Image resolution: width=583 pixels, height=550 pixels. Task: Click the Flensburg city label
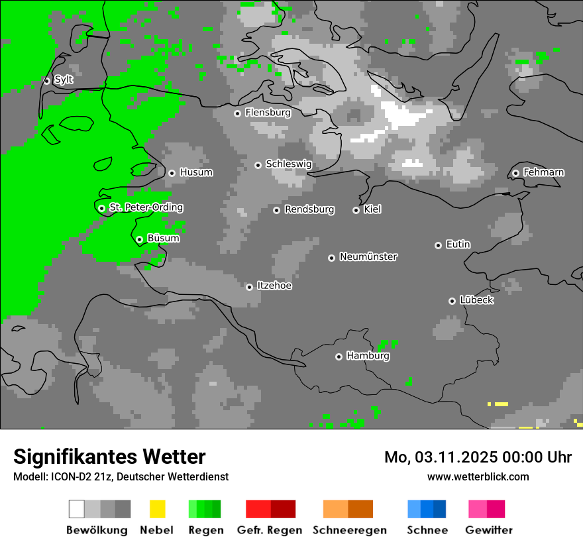point(268,113)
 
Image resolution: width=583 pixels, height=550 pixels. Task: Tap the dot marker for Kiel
point(356,210)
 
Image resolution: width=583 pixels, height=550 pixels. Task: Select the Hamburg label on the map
point(368,356)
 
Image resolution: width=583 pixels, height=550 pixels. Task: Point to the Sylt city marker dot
point(47,81)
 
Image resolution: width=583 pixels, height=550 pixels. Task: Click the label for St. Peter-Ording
point(146,207)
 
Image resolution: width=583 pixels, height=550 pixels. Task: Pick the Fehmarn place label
point(543,172)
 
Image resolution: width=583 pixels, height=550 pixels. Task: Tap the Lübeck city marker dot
point(452,301)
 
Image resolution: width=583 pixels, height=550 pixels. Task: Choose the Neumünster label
point(368,256)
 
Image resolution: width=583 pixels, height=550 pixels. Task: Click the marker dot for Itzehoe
point(249,287)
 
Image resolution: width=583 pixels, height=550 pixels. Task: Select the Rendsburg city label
point(309,209)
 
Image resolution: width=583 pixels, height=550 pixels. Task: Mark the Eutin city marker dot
point(438,245)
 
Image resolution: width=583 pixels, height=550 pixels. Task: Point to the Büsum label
point(163,238)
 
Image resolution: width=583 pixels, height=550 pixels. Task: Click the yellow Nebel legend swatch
point(157,509)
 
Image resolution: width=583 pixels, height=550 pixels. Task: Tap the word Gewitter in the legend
point(489,530)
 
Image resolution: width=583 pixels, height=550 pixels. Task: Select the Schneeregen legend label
point(350,530)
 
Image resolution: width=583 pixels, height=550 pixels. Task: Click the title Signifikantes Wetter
point(109,457)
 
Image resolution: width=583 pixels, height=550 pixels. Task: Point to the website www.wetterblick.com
point(478,476)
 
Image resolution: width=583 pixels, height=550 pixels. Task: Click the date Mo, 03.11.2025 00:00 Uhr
point(478,457)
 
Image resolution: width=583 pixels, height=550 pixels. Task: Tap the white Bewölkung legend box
point(77,509)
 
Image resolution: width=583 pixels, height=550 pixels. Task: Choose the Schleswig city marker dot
point(258,165)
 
